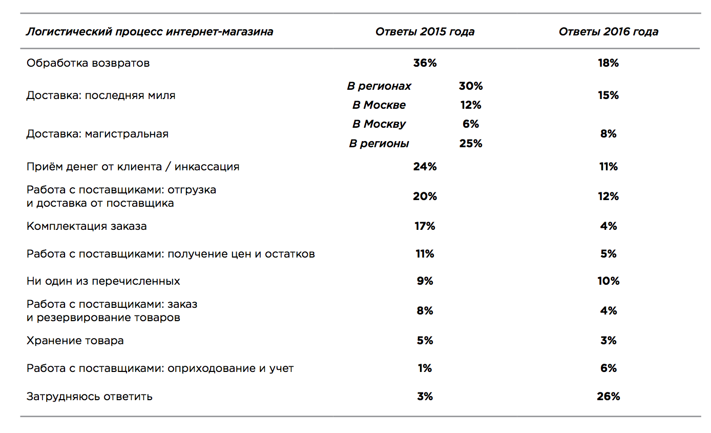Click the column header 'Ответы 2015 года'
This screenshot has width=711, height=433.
[x=425, y=32]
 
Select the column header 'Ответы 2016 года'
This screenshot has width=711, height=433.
[x=608, y=32]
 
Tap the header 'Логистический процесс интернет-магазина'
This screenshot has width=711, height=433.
[x=150, y=32]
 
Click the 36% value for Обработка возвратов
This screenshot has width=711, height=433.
[x=425, y=63]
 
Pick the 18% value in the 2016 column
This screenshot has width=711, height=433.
[x=608, y=63]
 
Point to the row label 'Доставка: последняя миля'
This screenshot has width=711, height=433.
[x=101, y=95]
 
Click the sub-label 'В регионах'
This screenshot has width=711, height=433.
[x=379, y=86]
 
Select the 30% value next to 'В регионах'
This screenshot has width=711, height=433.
[x=470, y=86]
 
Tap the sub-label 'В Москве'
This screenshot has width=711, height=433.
[x=379, y=105]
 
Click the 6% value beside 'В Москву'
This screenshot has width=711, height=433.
[x=470, y=124]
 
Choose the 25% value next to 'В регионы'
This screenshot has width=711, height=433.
[x=470, y=144]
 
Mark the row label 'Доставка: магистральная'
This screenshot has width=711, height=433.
[x=97, y=134]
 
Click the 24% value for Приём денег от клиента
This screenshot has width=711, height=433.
[x=425, y=167]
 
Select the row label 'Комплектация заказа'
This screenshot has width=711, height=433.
[x=87, y=226]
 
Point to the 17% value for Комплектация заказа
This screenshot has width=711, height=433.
[x=425, y=226]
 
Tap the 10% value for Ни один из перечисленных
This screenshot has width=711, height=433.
[x=608, y=281]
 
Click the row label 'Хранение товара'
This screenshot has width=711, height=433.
[x=75, y=341]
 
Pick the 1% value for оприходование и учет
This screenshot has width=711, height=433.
[x=425, y=368]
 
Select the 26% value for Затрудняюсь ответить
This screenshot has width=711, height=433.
[x=608, y=397]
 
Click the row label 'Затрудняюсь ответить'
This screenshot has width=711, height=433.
[x=89, y=397]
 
